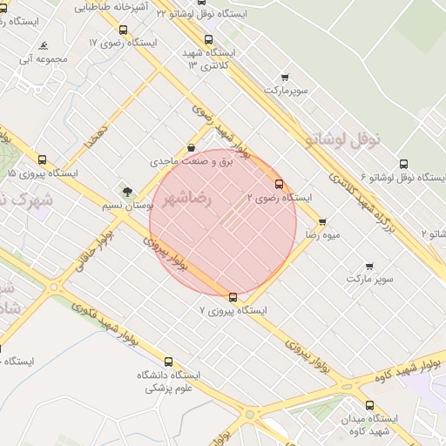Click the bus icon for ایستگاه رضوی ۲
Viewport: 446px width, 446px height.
279,184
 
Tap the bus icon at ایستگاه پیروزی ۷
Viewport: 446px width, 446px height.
233,297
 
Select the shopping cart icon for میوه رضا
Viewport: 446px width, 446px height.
322,222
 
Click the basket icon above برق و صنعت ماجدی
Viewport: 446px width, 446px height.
191,148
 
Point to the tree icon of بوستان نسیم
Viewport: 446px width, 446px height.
128,192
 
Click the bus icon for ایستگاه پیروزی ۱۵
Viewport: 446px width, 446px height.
42,159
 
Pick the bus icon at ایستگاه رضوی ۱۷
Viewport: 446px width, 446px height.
122,30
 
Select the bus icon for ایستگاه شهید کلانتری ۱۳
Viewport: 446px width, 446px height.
207,39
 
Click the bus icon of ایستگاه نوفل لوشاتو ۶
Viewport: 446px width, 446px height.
402,164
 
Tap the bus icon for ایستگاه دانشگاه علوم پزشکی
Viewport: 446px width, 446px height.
168,362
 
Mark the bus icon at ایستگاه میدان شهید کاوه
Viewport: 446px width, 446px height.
369,405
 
